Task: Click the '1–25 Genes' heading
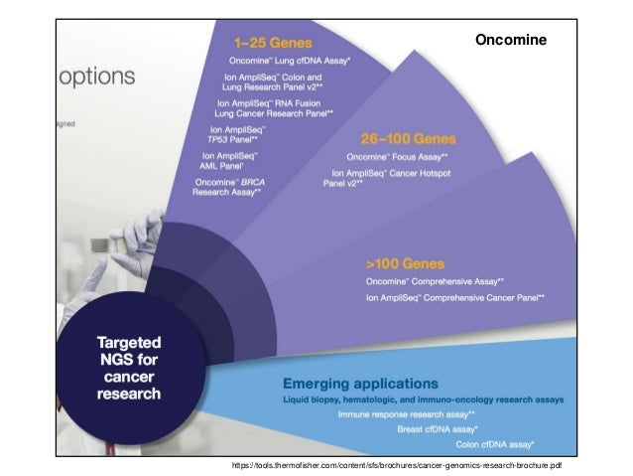point(273,44)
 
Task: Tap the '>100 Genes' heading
point(405,263)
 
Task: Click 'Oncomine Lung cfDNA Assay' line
point(290,61)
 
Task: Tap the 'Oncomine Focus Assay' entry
point(397,156)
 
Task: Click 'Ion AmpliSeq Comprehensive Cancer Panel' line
point(456,297)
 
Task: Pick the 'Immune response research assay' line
point(406,412)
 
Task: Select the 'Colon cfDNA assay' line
point(495,442)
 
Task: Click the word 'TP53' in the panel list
point(207,139)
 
